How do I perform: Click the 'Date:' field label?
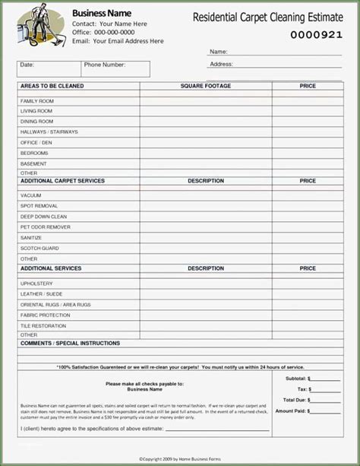[x=27, y=65]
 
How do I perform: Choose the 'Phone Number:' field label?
[x=105, y=65]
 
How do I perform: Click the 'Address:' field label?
[x=221, y=65]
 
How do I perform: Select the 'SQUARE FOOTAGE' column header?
[x=206, y=87]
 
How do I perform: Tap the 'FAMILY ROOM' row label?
[x=37, y=101]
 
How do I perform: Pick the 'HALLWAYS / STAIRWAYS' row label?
[x=49, y=132]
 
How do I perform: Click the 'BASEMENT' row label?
[x=33, y=163]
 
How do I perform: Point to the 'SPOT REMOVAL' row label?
[x=39, y=206]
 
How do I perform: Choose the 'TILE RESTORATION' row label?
[x=43, y=325]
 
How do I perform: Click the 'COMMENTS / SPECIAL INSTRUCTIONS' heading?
[x=70, y=344]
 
